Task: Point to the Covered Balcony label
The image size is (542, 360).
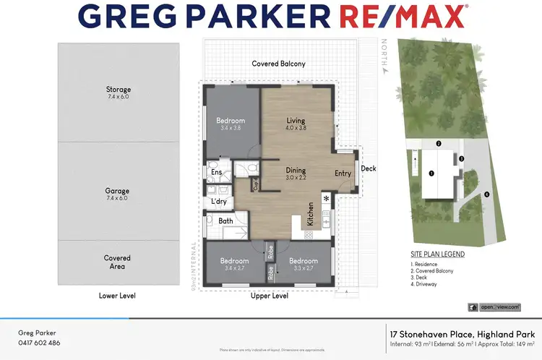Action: click(278, 64)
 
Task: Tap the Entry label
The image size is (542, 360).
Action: click(343, 173)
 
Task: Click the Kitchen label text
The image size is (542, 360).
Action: click(311, 213)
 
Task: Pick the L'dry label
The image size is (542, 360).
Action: click(218, 202)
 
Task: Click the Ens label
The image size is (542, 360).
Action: click(216, 173)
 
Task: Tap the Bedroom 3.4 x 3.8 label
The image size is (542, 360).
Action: click(231, 124)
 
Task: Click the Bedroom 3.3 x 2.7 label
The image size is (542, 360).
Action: click(303, 264)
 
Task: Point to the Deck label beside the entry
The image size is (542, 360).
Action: click(369, 168)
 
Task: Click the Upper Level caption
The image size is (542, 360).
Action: click(270, 296)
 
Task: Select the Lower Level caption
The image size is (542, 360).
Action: click(117, 296)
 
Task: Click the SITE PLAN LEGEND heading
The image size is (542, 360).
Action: click(437, 254)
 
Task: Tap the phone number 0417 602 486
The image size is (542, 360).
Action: click(39, 343)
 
